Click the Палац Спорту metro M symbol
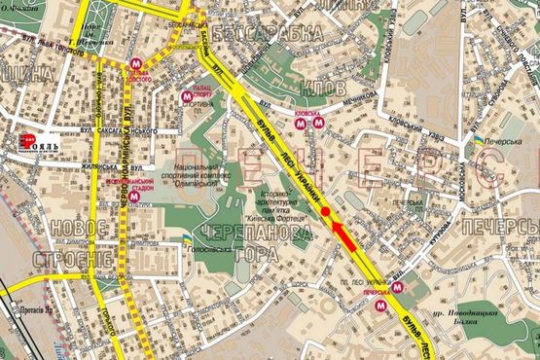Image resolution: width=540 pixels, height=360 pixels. pyautogui.click(x=187, y=96)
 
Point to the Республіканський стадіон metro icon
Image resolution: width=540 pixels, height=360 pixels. pyautogui.click(x=136, y=195)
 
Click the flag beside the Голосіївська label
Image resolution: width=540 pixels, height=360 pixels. pyautogui.click(x=175, y=238)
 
